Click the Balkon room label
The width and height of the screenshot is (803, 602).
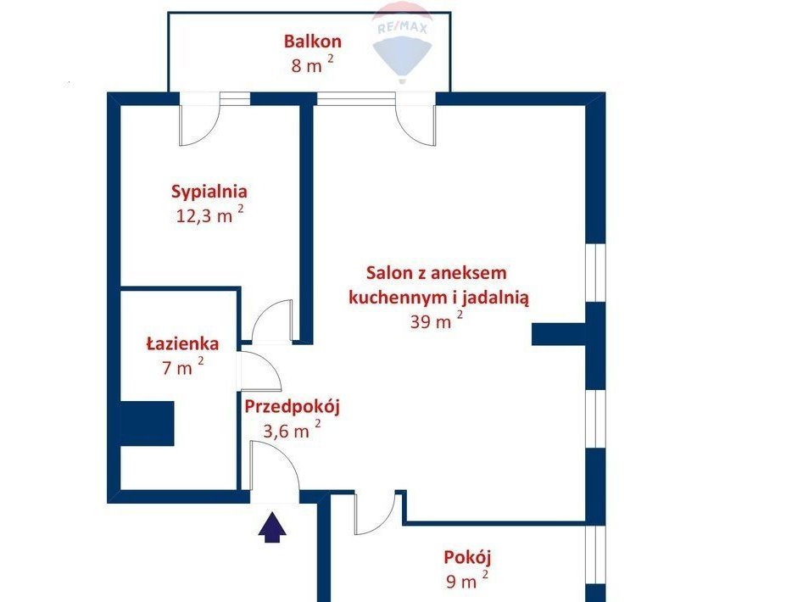312,41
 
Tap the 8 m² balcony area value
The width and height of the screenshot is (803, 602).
312,64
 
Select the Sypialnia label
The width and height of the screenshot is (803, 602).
209,192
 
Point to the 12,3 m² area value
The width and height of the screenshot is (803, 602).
209,215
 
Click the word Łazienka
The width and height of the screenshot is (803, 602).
182,343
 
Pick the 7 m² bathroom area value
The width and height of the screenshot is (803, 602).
183,366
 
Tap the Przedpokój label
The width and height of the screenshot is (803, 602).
292,407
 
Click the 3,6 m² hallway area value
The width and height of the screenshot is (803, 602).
292,430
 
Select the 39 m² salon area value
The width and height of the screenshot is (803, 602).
437,321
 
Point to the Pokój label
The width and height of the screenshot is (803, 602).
467,557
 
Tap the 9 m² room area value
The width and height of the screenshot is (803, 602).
467,581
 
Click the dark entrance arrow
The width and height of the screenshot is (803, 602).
272,527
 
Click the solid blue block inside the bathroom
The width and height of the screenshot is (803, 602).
147,423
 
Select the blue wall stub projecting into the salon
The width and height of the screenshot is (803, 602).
559,334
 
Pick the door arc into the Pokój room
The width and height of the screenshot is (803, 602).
374,514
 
